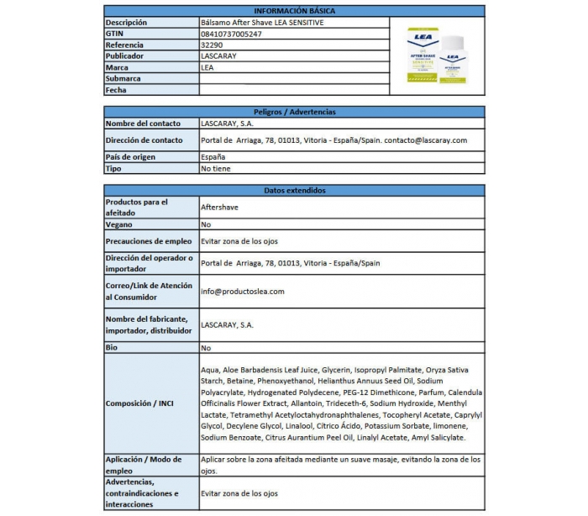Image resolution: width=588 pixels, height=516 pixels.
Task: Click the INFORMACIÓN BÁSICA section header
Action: [x=294, y=10]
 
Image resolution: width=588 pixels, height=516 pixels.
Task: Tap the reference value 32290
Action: [x=213, y=45]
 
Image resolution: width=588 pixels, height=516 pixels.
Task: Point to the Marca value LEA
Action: [x=207, y=67]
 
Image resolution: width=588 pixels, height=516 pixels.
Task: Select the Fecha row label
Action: [x=116, y=90]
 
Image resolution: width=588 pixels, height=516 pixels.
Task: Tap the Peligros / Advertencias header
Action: [x=294, y=112]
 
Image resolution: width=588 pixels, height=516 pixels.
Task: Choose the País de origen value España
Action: [x=213, y=157]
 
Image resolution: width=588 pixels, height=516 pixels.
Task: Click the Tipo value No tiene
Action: [x=216, y=168]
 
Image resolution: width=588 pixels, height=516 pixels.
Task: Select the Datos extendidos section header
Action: [x=294, y=191]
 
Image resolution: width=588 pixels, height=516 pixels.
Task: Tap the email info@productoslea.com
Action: [x=243, y=292]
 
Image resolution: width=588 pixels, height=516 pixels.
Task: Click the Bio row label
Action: [x=112, y=347]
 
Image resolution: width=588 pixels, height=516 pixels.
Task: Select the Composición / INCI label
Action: [x=140, y=403]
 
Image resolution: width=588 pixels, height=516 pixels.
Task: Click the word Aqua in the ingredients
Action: [x=210, y=371]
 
